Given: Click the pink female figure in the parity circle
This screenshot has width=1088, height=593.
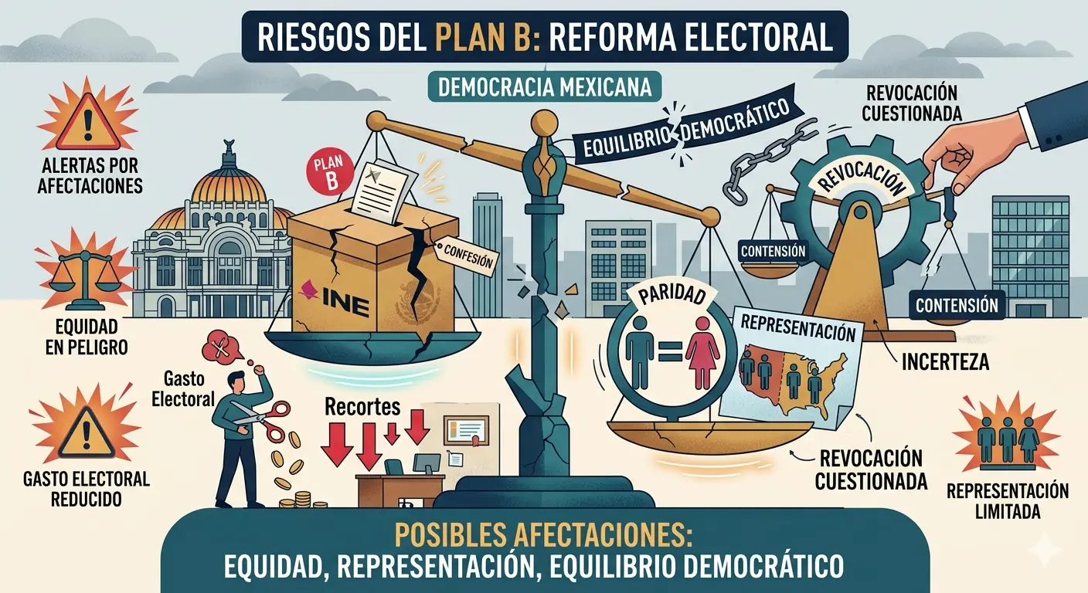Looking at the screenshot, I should (x=702, y=353).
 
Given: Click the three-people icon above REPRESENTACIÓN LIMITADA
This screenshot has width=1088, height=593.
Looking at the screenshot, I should (x=1008, y=441).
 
